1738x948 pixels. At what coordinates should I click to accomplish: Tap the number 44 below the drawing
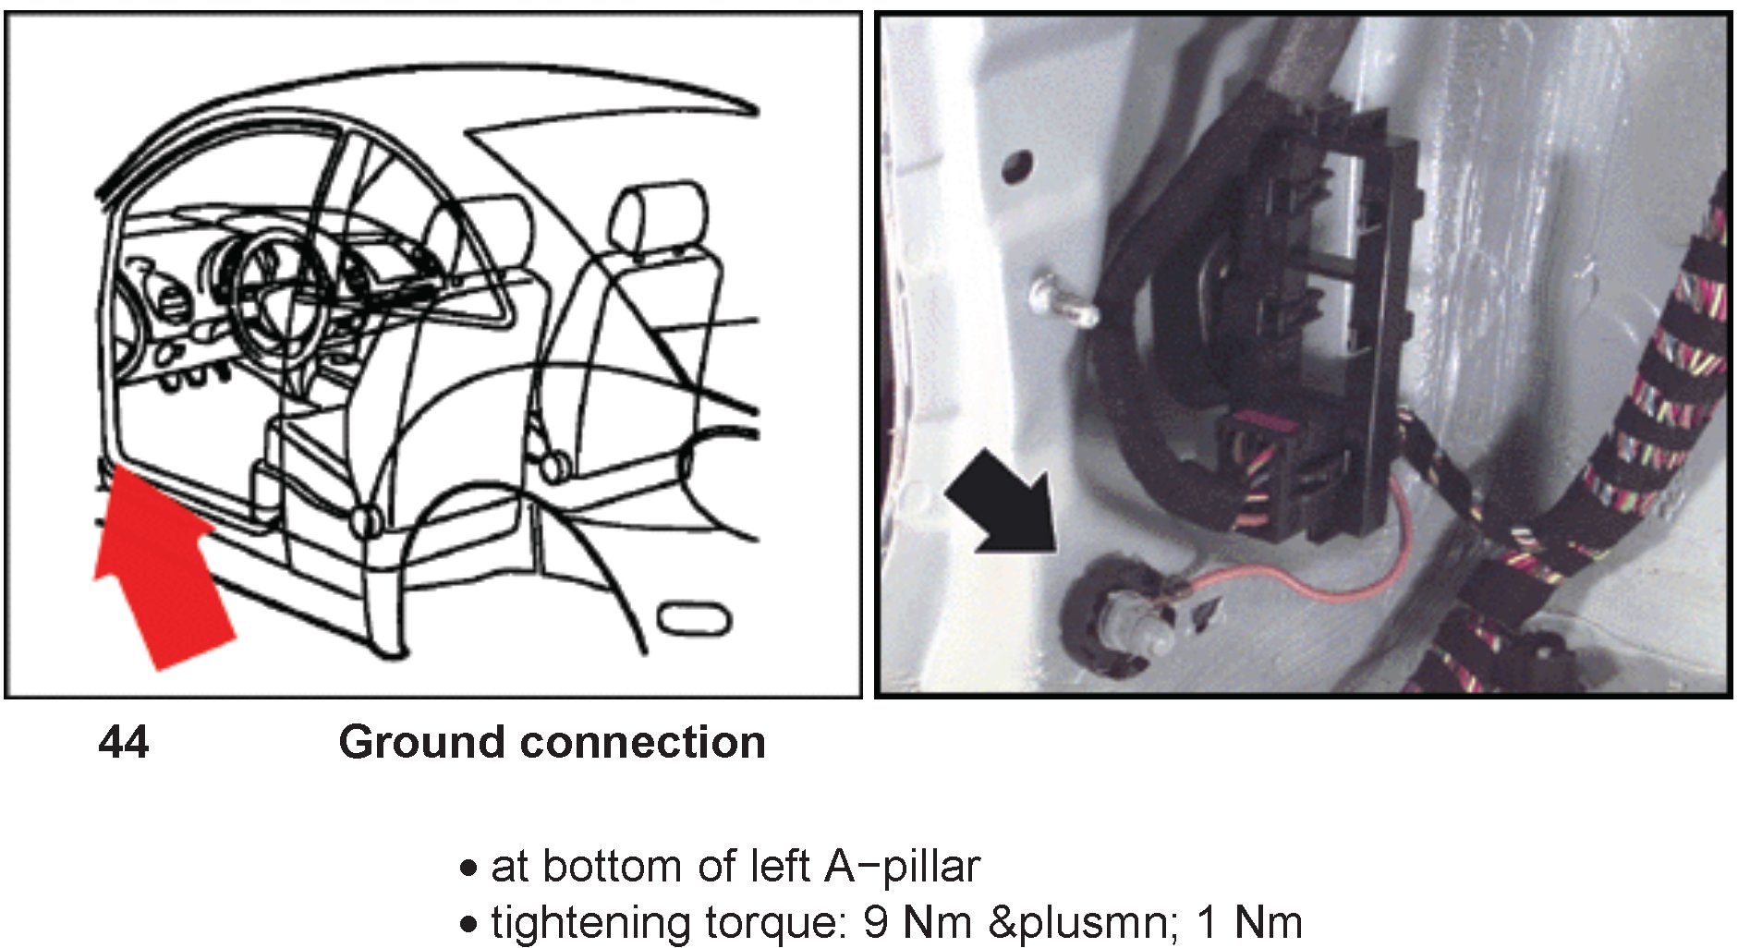123,742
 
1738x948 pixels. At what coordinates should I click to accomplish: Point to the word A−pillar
902,867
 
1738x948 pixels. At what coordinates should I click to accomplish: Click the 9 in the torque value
876,922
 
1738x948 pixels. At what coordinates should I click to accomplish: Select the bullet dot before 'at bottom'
469,869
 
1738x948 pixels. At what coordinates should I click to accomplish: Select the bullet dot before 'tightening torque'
469,923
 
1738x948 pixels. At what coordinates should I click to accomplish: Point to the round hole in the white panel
1015,167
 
